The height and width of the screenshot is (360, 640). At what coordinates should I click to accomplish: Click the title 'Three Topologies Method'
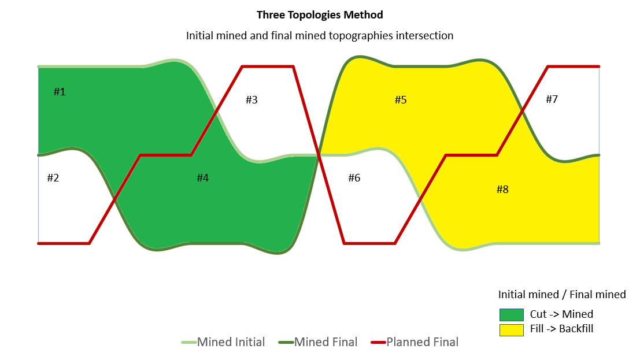point(320,14)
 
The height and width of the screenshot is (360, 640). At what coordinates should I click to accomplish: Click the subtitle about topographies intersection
point(320,35)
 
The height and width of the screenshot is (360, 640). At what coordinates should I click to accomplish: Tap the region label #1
point(60,92)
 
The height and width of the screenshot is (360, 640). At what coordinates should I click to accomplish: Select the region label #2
point(53,178)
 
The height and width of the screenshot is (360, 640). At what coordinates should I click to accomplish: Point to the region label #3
point(251,100)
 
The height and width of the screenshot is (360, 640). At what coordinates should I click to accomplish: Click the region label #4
point(202,178)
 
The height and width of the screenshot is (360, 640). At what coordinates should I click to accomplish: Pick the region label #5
point(401,100)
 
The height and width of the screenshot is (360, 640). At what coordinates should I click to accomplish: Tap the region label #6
point(354,178)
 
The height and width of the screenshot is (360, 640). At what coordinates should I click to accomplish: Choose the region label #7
point(552,99)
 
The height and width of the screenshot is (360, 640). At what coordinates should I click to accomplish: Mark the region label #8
point(502,189)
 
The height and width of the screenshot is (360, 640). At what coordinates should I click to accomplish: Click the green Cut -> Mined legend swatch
point(511,315)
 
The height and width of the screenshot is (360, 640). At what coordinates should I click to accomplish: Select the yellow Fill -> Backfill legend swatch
point(511,329)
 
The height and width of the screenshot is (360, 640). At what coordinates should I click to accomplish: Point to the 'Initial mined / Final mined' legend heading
point(562,295)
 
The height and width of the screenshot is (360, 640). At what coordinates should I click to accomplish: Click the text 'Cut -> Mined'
point(561,315)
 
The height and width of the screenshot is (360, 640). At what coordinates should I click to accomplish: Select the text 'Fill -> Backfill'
point(561,329)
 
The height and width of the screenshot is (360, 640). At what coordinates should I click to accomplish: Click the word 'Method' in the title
point(364,14)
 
